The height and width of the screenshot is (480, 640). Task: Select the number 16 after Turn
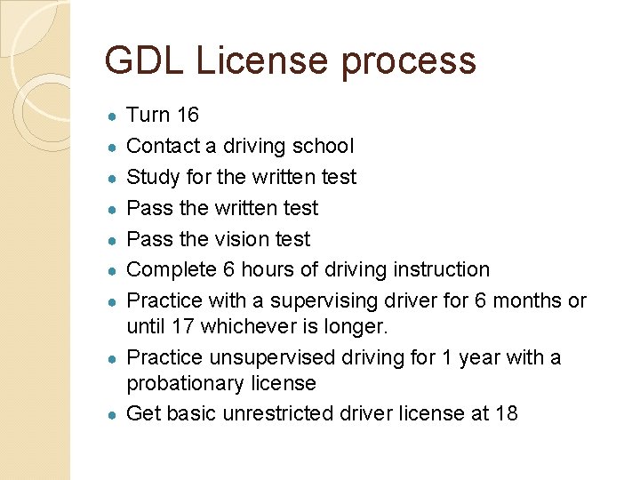click(188, 115)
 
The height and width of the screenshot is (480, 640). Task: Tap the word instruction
click(436, 269)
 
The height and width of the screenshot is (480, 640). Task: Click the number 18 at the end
click(506, 413)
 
